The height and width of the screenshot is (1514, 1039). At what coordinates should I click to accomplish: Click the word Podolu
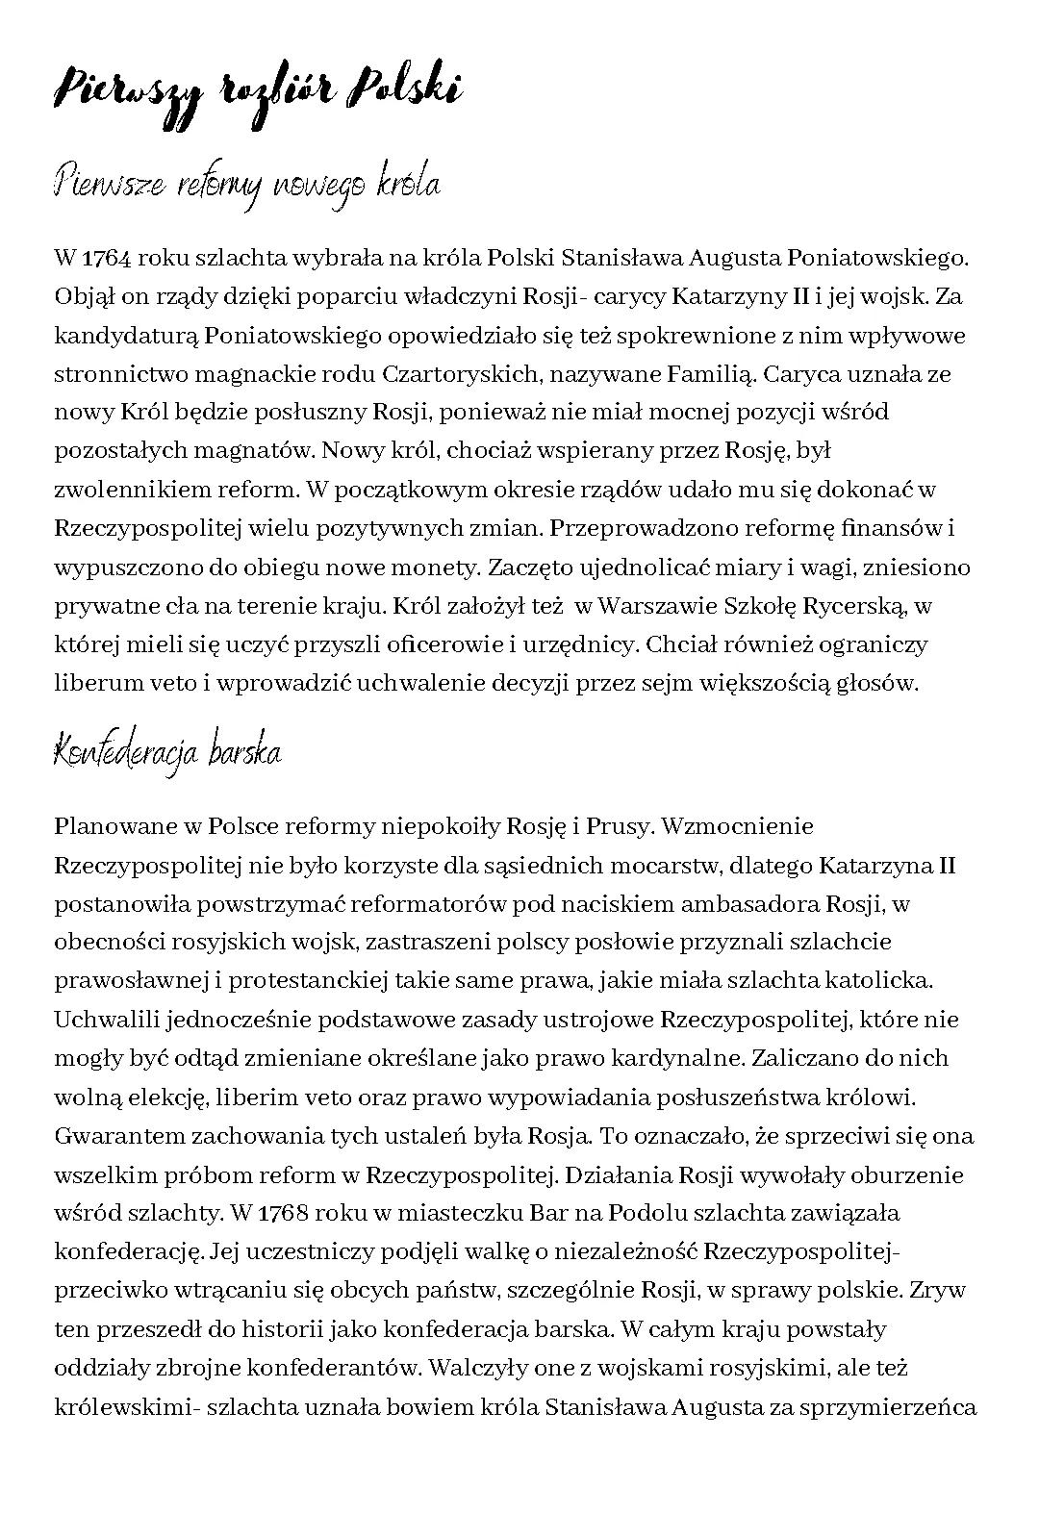click(648, 1213)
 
